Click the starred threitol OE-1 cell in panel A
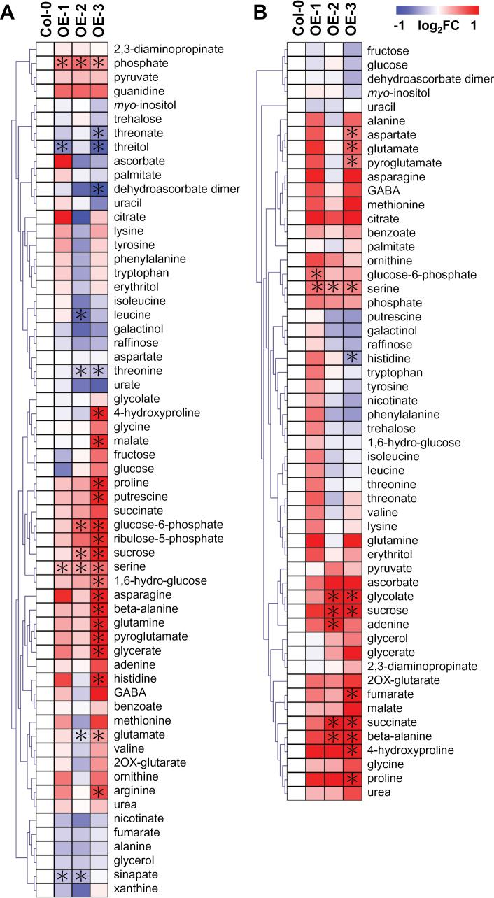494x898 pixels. (x=63, y=147)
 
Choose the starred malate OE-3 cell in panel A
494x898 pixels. (x=99, y=441)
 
